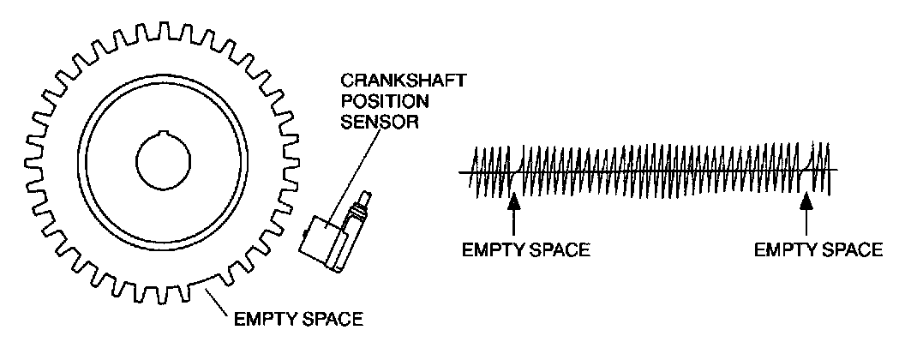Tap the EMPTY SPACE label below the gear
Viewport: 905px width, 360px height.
tap(298, 321)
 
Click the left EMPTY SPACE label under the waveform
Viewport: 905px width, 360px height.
tap(526, 250)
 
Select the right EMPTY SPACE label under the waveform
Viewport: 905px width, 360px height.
tap(818, 250)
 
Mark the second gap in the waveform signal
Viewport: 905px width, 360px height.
tap(806, 171)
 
